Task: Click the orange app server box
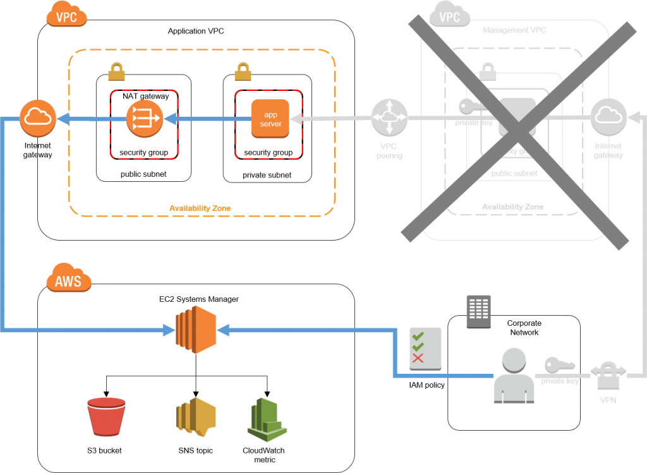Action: (270, 119)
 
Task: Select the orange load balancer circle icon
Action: (144, 119)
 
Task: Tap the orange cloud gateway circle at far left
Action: (38, 118)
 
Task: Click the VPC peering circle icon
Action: (389, 118)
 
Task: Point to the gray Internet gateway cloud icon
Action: (608, 117)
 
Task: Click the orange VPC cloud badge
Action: (66, 15)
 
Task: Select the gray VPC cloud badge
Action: (449, 15)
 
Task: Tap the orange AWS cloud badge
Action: (68, 279)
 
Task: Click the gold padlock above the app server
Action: (243, 71)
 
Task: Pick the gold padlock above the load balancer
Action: (116, 71)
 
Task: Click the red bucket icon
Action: (106, 417)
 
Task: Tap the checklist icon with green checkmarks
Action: (425, 348)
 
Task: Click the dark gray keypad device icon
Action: (479, 311)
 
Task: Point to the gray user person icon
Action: (514, 375)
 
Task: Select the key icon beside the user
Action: (559, 364)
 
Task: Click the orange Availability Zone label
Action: (200, 208)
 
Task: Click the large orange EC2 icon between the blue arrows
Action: (196, 329)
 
